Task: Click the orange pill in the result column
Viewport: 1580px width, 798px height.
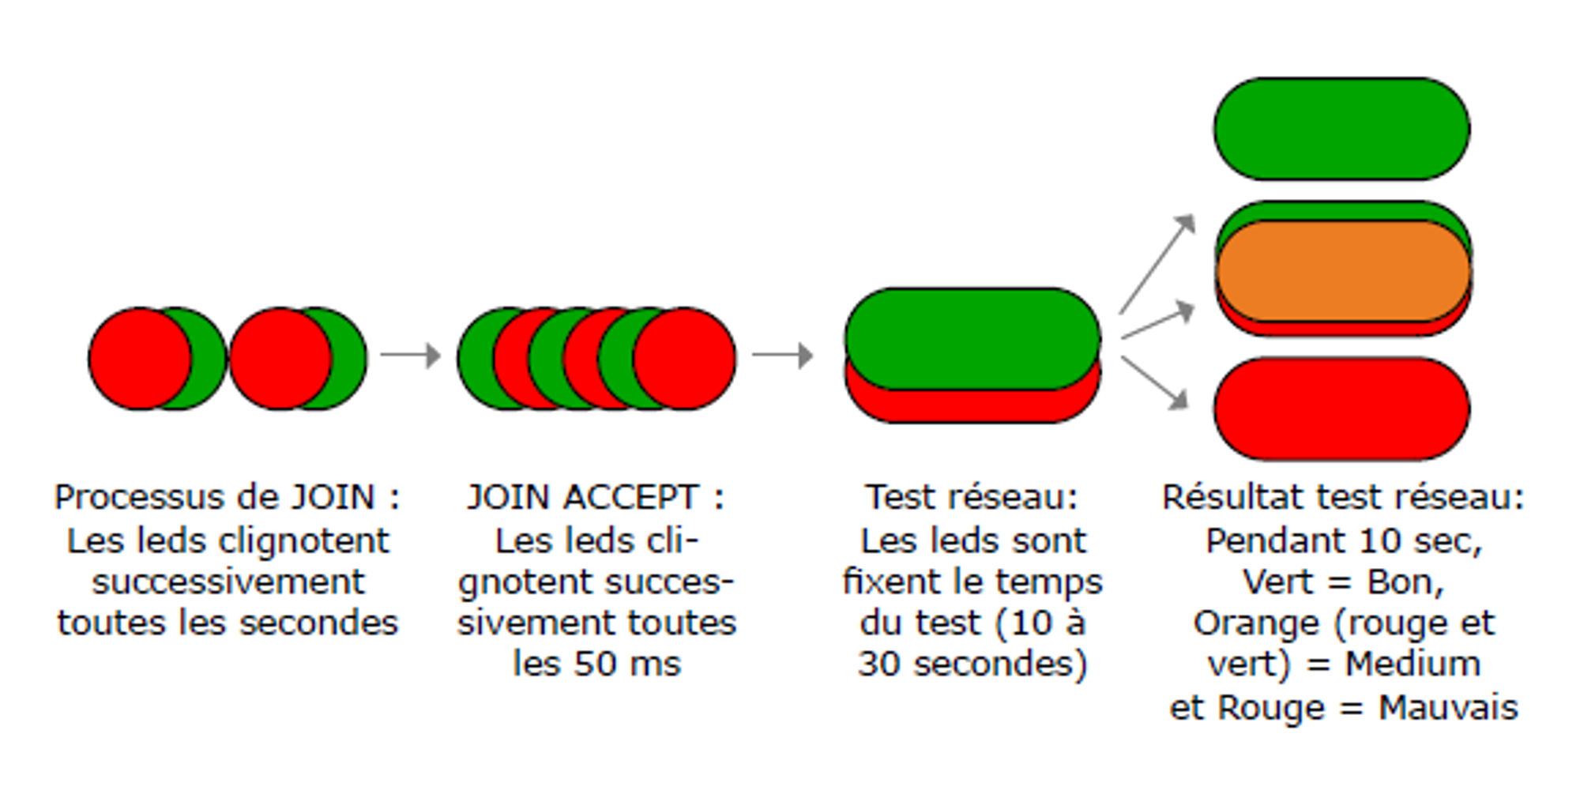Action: click(1342, 271)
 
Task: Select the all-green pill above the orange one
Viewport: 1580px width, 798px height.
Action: click(1341, 129)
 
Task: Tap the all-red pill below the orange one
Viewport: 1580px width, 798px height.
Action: click(1341, 408)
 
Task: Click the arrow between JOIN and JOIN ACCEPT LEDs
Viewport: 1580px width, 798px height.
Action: click(410, 355)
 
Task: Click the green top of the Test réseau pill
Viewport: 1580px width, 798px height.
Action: click(972, 336)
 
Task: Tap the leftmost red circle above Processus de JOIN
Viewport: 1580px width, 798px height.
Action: click(139, 359)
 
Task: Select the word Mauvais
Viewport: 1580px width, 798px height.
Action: click(1448, 707)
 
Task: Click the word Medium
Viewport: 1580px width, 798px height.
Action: click(1413, 664)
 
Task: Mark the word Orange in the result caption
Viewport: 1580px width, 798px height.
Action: click(1256, 623)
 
